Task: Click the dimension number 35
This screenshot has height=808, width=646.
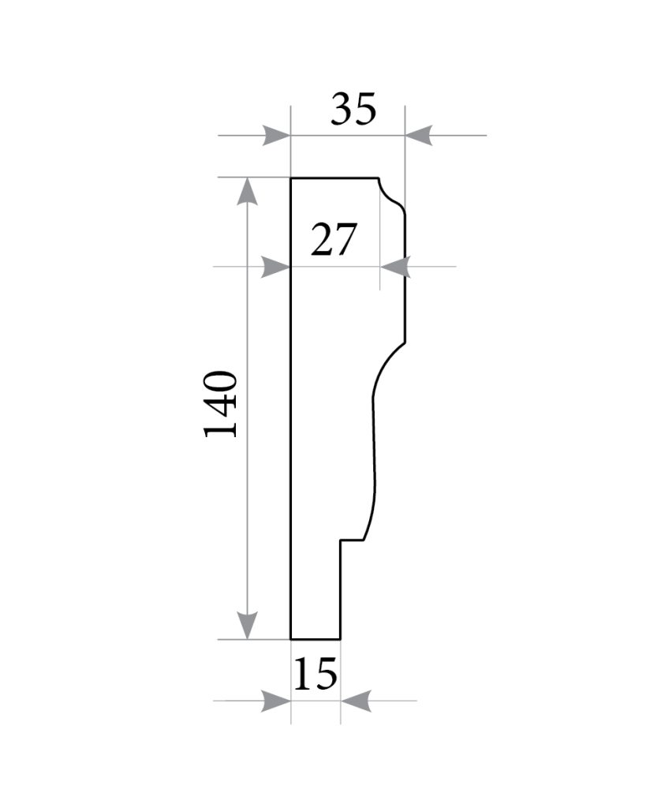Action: [353, 109]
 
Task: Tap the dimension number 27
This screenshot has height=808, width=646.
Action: [334, 240]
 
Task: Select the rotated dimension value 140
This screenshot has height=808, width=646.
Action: [222, 404]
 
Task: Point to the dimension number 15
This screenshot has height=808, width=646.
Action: [316, 674]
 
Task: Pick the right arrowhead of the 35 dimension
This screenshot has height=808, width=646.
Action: [419, 136]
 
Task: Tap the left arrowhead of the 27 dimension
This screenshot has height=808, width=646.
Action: [276, 267]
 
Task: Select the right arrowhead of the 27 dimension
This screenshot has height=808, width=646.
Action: [395, 267]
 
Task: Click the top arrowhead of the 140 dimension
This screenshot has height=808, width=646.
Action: [248, 191]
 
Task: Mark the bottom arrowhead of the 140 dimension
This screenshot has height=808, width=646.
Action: [248, 626]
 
